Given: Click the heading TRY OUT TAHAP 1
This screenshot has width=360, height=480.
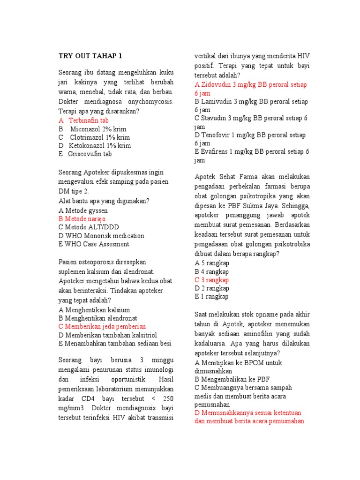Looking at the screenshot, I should [x=90, y=56].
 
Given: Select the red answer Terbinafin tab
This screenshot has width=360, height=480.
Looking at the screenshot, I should [x=89, y=120].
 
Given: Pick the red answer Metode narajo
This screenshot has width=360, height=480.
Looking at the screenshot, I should [x=82, y=219].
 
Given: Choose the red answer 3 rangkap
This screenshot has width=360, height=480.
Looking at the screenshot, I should [x=211, y=280].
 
